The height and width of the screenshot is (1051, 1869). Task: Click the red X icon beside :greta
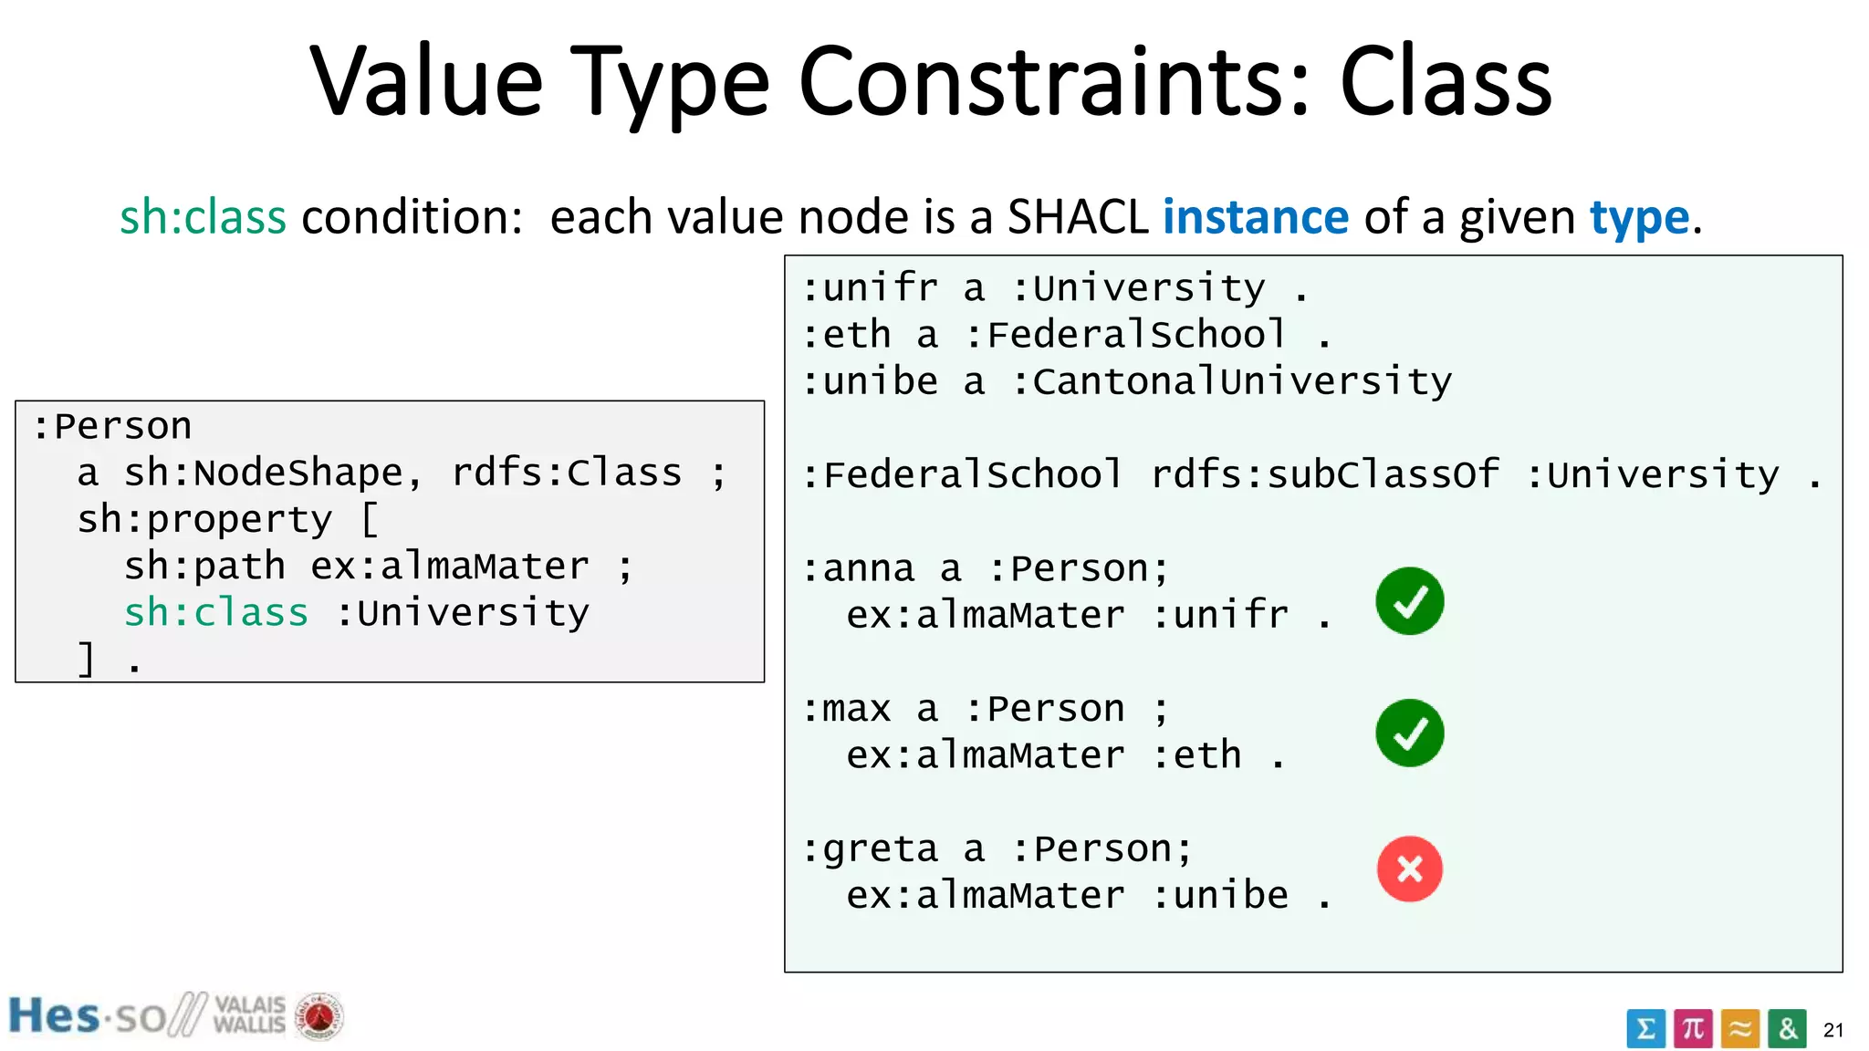click(x=1409, y=869)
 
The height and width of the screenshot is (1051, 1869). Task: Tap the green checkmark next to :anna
click(x=1409, y=600)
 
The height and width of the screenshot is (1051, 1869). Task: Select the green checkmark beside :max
click(x=1409, y=733)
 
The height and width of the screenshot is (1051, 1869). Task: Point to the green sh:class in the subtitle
click(x=203, y=218)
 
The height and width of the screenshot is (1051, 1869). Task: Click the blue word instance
click(x=1255, y=218)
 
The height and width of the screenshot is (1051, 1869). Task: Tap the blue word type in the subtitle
click(x=1639, y=218)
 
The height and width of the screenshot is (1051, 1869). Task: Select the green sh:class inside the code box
click(x=216, y=612)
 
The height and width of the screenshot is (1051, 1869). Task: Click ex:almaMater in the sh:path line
click(x=449, y=566)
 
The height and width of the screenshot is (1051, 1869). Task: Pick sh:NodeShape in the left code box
click(x=263, y=473)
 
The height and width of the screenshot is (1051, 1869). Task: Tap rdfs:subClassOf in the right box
click(x=1324, y=474)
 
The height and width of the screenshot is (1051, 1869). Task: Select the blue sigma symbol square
click(x=1645, y=1029)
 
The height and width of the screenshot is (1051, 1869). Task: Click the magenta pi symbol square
click(x=1693, y=1029)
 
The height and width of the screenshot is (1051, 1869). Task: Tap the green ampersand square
click(x=1787, y=1029)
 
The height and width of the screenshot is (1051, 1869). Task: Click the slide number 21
click(x=1832, y=1031)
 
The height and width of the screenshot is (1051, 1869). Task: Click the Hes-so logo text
click(x=87, y=1016)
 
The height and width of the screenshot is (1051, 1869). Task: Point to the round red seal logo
click(x=318, y=1016)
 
